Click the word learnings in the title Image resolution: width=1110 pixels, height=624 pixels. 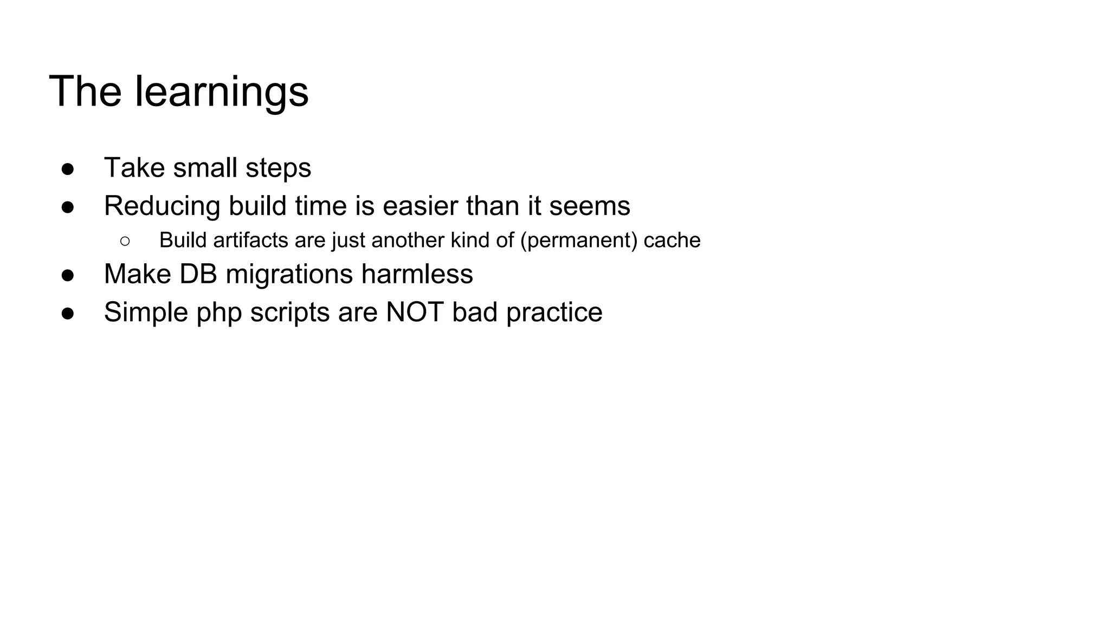click(221, 92)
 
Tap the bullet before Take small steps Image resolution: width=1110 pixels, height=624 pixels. click(68, 168)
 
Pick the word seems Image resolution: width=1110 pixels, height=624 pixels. click(590, 206)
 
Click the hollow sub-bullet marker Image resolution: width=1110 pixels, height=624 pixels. click(125, 240)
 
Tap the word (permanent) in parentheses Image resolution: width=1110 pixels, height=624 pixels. click(579, 240)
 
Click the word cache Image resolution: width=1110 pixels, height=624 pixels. click(672, 240)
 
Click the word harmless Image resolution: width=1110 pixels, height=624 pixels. click(417, 274)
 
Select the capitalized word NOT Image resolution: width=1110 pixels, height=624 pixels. click(415, 313)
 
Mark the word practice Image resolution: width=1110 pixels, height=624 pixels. click(554, 313)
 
